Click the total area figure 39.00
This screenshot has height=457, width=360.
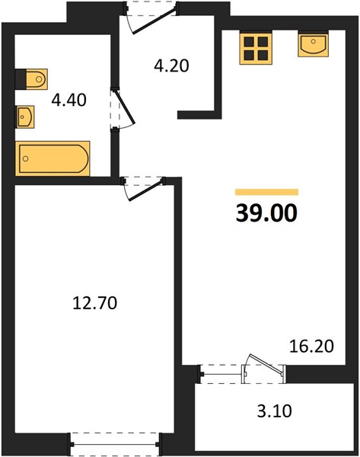[x=266, y=213]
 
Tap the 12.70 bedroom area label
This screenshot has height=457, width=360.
[x=94, y=303]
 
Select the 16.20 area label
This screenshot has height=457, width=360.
[x=311, y=347]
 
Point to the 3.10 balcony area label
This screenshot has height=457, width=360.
[x=274, y=411]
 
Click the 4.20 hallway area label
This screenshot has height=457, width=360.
[x=171, y=66]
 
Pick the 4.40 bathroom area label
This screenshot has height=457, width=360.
[x=68, y=100]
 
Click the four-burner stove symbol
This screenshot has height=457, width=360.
[x=256, y=49]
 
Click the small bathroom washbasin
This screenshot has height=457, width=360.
[x=25, y=117]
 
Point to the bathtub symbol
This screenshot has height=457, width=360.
[x=53, y=158]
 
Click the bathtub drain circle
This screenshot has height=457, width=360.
[x=26, y=158]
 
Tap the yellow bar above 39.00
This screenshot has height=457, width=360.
[x=267, y=192]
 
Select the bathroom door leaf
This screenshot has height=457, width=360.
[x=126, y=107]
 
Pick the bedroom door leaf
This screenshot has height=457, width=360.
[x=145, y=190]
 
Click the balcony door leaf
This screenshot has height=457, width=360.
[x=265, y=364]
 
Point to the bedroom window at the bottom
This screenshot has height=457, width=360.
[x=115, y=444]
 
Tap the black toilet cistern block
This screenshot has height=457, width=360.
[x=21, y=79]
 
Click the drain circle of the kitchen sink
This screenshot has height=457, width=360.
[x=314, y=41]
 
